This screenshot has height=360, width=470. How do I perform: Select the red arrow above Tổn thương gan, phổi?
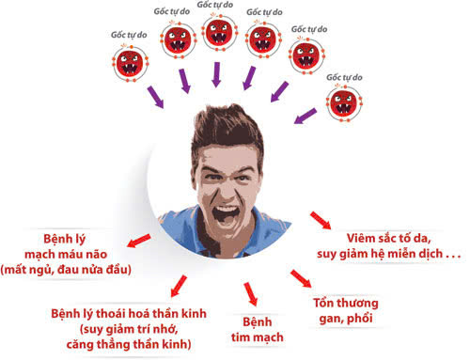tap(301, 278)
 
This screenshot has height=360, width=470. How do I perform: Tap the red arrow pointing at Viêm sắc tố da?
tap(320, 222)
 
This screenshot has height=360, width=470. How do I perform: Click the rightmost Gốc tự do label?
tap(345, 77)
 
